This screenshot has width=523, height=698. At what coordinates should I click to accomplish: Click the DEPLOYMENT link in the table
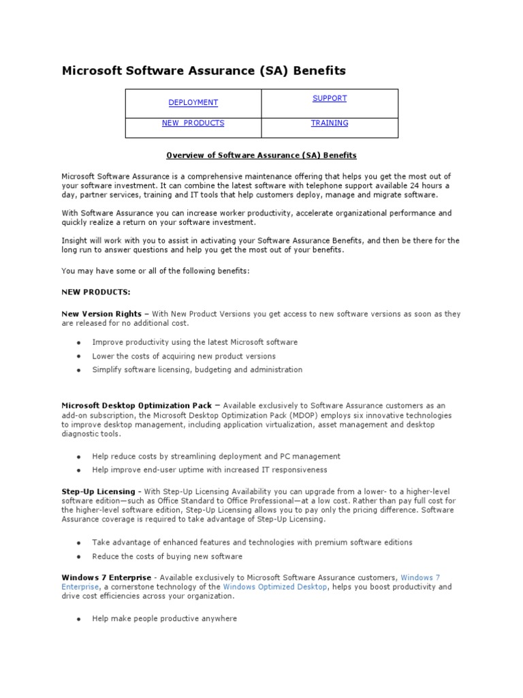pos(193,103)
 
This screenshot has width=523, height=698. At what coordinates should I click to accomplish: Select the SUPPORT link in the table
pos(330,99)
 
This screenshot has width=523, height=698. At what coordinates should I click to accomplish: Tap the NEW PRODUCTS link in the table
pos(193,123)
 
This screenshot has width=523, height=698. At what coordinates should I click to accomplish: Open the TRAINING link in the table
pos(330,123)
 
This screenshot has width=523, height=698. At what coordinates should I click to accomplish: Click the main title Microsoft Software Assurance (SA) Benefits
pos(204,71)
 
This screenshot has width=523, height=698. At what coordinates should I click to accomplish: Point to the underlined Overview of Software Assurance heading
pos(262,155)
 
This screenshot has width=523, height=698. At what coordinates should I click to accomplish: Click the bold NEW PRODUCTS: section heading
pos(95,292)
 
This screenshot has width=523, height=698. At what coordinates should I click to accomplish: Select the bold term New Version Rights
pos(101,314)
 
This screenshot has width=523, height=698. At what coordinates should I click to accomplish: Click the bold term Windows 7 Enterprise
pos(106,577)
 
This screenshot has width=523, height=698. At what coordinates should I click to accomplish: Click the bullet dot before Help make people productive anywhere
pos(79,620)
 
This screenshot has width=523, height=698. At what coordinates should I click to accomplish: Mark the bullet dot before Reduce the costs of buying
pos(79,557)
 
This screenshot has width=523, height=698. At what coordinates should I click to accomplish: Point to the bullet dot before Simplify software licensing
pos(79,370)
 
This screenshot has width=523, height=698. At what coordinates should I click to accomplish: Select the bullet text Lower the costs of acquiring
pos(184,356)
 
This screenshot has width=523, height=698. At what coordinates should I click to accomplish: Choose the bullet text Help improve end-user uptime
pos(210,470)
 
